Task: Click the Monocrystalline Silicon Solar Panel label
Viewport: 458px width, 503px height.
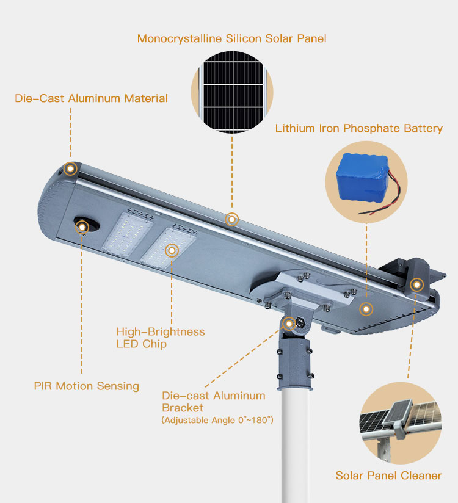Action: coord(231,38)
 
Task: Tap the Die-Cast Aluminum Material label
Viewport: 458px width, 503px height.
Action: coord(91,98)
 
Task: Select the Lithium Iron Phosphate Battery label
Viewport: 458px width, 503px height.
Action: coord(359,128)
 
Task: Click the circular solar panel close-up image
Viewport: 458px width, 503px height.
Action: coord(232,92)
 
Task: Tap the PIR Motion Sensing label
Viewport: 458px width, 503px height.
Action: coord(86,386)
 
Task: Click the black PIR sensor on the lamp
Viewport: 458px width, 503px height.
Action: coord(87,225)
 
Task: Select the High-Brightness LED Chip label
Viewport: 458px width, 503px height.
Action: coord(161,338)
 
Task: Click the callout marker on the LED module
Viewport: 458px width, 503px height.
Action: coord(172,250)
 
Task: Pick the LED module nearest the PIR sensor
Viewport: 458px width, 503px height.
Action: coord(128,234)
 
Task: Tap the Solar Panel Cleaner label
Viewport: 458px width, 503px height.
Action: coord(388,476)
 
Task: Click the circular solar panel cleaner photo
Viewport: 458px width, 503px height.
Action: coord(401,423)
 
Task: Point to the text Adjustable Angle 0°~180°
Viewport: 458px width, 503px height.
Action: coord(217,420)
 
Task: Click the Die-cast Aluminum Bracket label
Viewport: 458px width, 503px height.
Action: coord(214,402)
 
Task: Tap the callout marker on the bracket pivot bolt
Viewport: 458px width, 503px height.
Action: coord(289,324)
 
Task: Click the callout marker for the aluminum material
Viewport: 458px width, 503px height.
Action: coord(70,168)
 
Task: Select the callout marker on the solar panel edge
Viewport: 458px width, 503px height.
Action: coord(231,219)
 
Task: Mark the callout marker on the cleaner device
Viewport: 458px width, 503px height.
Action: coord(416,284)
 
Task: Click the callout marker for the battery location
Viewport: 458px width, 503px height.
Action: coord(366,309)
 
